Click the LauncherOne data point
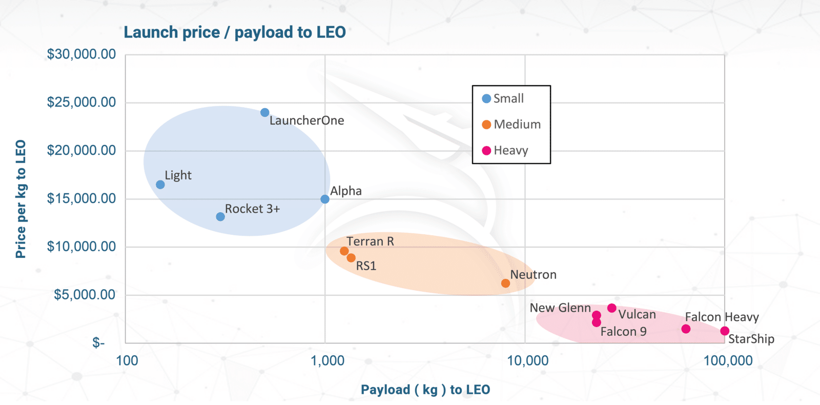point(264,113)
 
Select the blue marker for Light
point(160,185)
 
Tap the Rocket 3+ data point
point(220,217)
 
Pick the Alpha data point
point(325,199)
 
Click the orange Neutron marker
point(505,283)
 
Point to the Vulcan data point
point(612,308)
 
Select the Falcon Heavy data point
point(686,329)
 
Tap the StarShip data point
point(725,331)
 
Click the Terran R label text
point(370,241)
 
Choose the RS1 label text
point(366,266)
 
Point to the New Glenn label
point(560,308)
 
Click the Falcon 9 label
point(623,332)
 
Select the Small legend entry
point(503,98)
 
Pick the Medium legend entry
point(511,125)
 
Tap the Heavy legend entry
point(505,151)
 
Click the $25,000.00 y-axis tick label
point(81,102)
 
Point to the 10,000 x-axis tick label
point(527,361)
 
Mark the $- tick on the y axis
point(98,342)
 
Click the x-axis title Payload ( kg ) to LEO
point(425,390)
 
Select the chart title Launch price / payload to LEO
point(235,32)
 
